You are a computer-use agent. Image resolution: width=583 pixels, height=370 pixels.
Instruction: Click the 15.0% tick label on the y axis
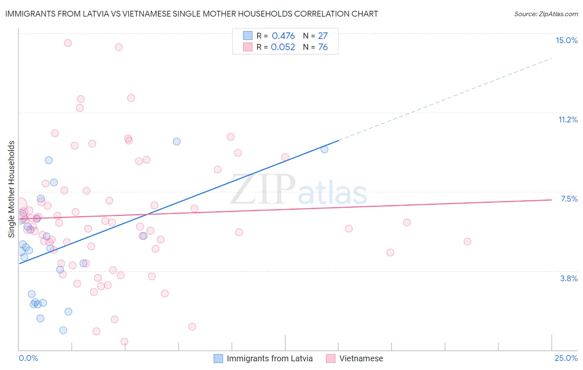[x=566, y=40]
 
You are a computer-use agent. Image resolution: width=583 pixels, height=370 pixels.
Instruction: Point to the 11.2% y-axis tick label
[x=568, y=119]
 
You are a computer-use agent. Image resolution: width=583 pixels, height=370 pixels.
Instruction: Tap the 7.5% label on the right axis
[x=569, y=199]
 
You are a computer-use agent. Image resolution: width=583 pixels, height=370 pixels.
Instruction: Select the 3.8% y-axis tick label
[x=569, y=278]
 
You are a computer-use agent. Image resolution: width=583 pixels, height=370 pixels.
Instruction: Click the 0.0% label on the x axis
[x=28, y=358]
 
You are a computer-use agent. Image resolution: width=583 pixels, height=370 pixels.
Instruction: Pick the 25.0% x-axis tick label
[x=566, y=358]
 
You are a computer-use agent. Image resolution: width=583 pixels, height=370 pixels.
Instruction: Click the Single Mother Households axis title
[x=12, y=189]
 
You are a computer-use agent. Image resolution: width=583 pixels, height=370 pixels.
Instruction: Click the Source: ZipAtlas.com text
[x=546, y=14]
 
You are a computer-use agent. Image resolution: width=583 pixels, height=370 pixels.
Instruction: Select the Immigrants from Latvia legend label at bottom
[x=270, y=358]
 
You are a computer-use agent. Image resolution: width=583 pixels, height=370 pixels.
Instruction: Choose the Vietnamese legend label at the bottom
[x=361, y=358]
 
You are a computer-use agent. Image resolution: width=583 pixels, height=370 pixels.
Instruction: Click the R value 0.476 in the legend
[x=283, y=36]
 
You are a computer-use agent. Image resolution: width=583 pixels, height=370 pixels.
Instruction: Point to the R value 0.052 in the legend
[x=283, y=47]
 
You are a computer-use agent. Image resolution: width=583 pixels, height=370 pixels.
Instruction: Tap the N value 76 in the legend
[x=323, y=47]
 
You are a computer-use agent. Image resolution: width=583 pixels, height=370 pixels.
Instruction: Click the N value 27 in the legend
[x=323, y=36]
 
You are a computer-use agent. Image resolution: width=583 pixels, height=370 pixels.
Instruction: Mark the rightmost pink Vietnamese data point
[x=467, y=241]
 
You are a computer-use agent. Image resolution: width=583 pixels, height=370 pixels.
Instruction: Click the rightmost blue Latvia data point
[x=324, y=149]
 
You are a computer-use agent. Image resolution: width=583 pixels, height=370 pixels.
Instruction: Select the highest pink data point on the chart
[x=68, y=43]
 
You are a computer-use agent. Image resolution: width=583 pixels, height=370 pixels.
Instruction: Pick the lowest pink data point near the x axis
[x=124, y=342]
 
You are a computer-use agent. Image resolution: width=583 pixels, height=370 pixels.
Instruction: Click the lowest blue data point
[x=63, y=330]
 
